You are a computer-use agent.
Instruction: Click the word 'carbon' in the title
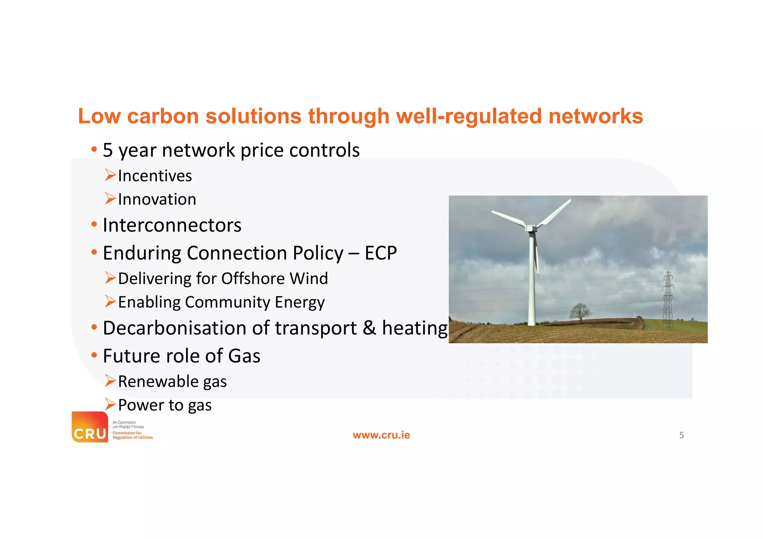pos(163,116)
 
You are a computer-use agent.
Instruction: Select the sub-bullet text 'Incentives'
pos(155,176)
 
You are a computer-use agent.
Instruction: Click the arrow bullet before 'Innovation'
pos(110,199)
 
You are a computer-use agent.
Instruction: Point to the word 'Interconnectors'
pos(172,226)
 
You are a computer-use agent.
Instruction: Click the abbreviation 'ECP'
pos(380,253)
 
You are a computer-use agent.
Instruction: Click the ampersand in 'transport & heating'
pos(369,328)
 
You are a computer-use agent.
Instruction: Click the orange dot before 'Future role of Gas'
pos(94,355)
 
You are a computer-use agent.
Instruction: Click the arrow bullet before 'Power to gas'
pos(110,404)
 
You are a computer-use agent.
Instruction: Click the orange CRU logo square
pos(90,427)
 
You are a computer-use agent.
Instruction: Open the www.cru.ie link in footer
pos(381,435)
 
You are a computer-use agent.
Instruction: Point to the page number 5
pos(681,435)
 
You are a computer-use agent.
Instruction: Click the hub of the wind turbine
pos(532,227)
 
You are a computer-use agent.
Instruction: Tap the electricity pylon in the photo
pos(668,302)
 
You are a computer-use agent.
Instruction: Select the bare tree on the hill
pos(580,311)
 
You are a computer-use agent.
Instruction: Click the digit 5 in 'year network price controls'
pos(108,150)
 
